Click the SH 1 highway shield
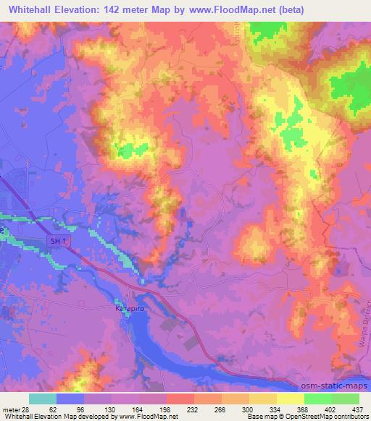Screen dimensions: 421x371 coord(57,239)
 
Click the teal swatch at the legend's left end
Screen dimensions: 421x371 coord(43,399)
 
